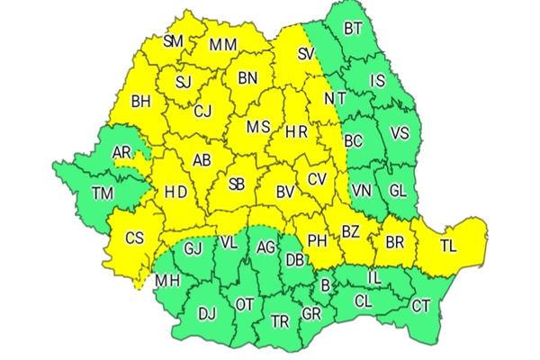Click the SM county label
[x=175, y=40]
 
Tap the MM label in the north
[x=223, y=44]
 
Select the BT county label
[x=354, y=29]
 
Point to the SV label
[x=307, y=56]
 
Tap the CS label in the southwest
[x=135, y=238]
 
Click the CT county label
[x=421, y=306]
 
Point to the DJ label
[x=207, y=313]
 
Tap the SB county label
[x=236, y=184]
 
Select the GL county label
[x=397, y=190]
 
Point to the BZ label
[x=350, y=232]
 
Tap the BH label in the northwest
[x=140, y=103]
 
